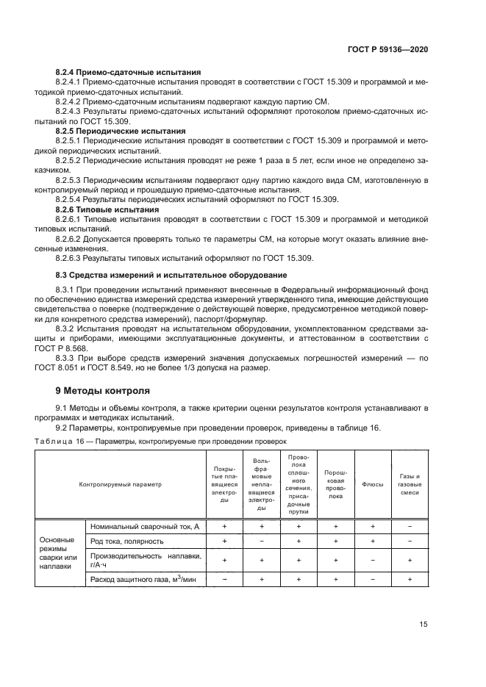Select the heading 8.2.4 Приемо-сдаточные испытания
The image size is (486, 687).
pyautogui.click(x=129, y=73)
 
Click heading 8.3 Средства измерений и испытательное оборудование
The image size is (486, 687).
pyautogui.click(x=171, y=275)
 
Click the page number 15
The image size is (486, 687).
pyautogui.click(x=423, y=624)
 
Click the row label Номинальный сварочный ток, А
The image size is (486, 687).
pyautogui.click(x=145, y=527)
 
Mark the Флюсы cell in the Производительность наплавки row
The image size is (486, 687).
pyautogui.click(x=373, y=561)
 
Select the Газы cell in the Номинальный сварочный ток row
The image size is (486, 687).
pyautogui.click(x=410, y=527)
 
